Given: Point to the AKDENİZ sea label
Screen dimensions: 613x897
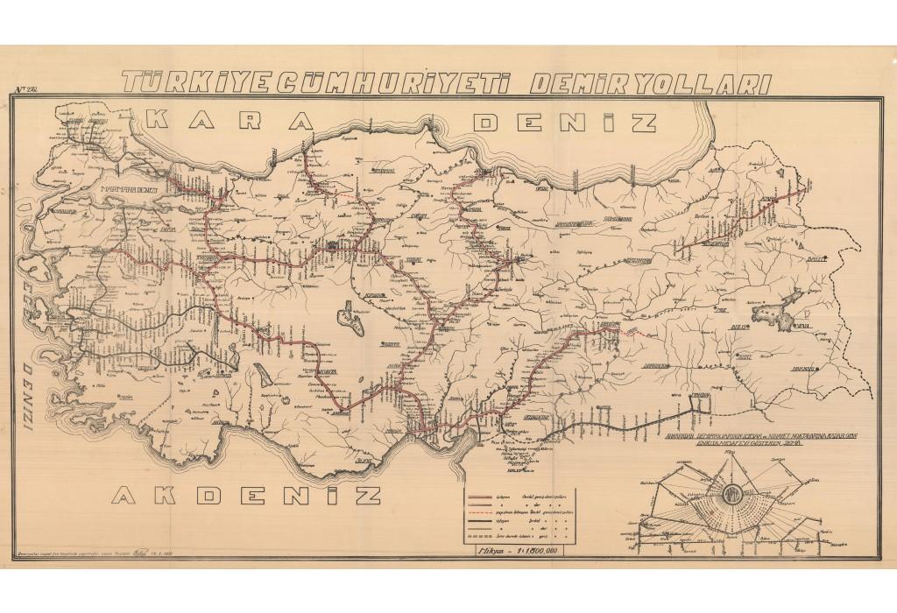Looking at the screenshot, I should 248,496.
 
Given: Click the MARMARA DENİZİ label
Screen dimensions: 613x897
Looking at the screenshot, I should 131,189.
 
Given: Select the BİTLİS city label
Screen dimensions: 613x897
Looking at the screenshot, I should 737,328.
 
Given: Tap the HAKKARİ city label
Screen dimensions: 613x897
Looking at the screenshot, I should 803,369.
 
